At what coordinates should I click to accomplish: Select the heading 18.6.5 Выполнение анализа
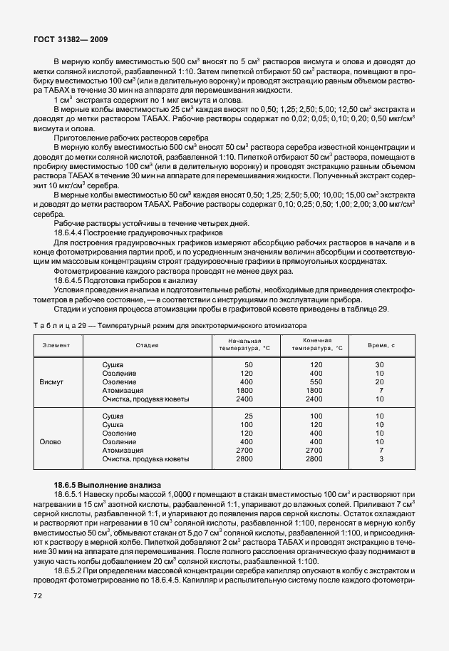(x=108, y=484)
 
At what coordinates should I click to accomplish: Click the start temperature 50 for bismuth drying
(x=249, y=365)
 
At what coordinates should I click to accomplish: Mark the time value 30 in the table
(x=380, y=365)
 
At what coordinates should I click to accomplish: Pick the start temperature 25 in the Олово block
(x=249, y=415)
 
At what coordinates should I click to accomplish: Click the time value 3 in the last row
(x=382, y=459)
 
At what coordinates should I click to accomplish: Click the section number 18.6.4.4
(x=72, y=232)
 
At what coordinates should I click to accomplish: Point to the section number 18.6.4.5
(x=72, y=282)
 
